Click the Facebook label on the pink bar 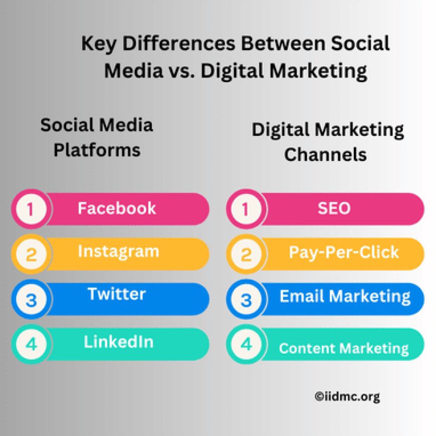[117, 208]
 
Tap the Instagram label [118, 251]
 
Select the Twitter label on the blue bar [117, 294]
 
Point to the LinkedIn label [118, 342]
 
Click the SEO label [334, 208]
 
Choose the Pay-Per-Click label [344, 252]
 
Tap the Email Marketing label [345, 296]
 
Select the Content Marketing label [344, 348]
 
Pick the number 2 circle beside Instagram [31, 255]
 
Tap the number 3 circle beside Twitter [31, 300]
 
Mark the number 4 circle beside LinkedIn [31, 345]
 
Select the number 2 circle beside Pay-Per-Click [246, 255]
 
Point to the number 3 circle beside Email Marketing [246, 300]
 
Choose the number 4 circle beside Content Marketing [246, 345]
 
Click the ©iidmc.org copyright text [347, 397]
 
